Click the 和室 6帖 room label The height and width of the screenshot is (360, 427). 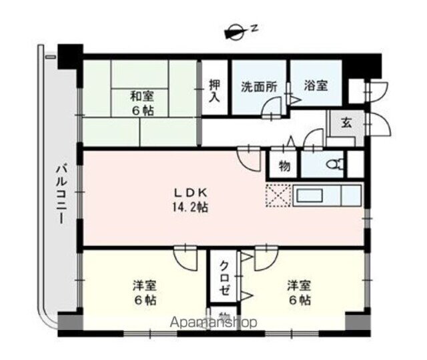coord(141,104)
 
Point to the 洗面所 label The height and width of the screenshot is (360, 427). coord(258,87)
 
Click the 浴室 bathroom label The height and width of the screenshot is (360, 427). coord(316,87)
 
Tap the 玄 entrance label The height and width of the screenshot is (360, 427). coord(347,123)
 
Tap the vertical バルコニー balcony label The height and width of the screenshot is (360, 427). coord(59,193)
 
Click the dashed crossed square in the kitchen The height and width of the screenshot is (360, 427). coord(276,195)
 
